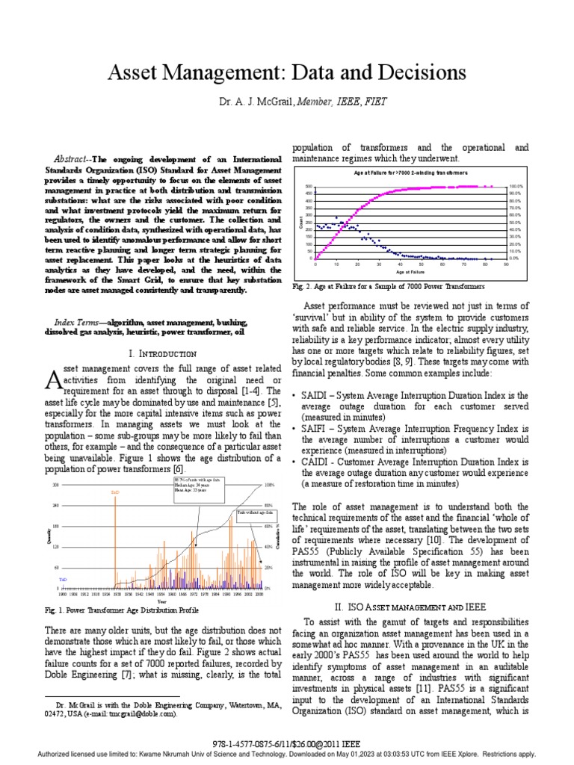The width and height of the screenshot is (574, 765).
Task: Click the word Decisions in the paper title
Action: [x=416, y=72]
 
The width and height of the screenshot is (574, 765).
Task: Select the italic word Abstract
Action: [x=75, y=159]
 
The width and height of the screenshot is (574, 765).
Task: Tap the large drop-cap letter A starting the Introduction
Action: [x=52, y=380]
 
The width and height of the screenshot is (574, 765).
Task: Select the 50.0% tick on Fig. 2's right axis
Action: [x=516, y=223]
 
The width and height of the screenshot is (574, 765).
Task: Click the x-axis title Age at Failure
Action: [x=410, y=273]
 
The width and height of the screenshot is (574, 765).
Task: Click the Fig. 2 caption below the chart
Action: [x=388, y=286]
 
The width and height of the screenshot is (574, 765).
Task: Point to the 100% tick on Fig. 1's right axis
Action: [x=269, y=485]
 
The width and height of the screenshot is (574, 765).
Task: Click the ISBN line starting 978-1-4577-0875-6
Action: [x=287, y=743]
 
